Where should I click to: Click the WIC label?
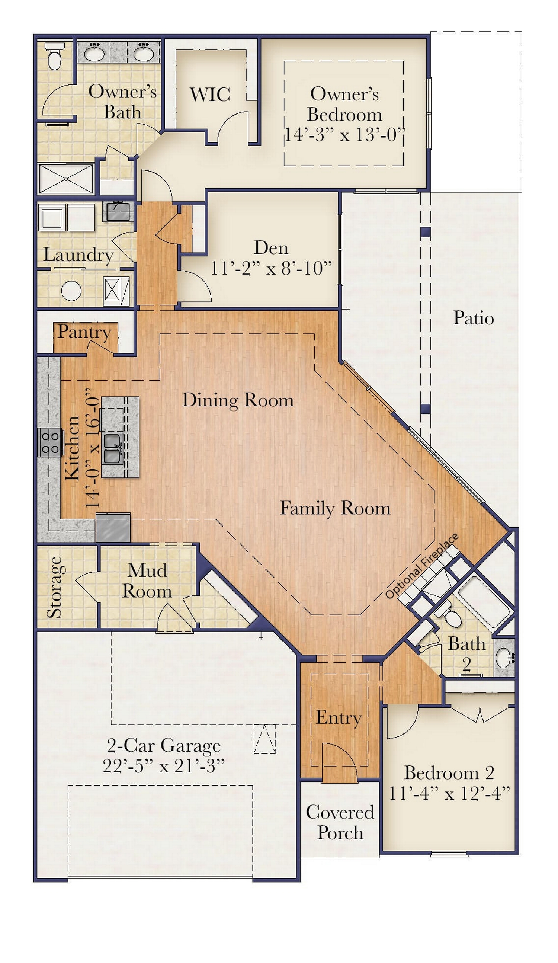coord(210,95)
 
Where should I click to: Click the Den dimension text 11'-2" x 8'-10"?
coord(271,268)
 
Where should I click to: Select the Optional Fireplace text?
coord(421,566)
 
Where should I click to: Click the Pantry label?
coord(84,332)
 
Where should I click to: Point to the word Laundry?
coord(78,255)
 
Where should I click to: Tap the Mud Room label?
coord(147,581)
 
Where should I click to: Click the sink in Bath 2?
coord(503,657)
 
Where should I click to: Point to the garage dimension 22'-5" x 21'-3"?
coord(163,766)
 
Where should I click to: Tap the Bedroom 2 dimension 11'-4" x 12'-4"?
coord(449,793)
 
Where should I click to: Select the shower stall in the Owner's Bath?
coord(67,179)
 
